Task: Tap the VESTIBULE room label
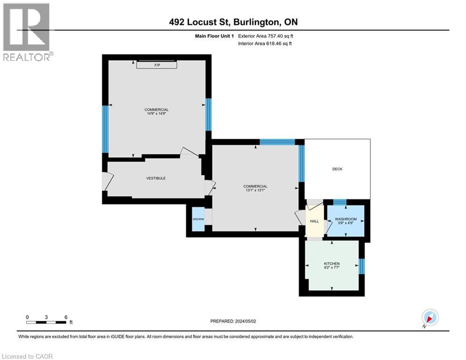coord(156,178)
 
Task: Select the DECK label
coord(337,169)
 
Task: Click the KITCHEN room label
coord(332,264)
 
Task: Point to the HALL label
coord(314,221)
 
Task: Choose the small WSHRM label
coord(198,219)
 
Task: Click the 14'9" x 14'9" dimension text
coord(156,113)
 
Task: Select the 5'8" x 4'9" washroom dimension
coord(346,223)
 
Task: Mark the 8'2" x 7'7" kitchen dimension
coord(332,268)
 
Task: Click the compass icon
coord(429,317)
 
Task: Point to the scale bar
coord(46,322)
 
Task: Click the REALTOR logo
coord(27,32)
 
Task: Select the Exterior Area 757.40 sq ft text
coord(266,36)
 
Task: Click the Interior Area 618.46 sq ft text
coord(266,44)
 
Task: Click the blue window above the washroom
coord(340,202)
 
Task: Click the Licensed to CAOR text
coord(27,356)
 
